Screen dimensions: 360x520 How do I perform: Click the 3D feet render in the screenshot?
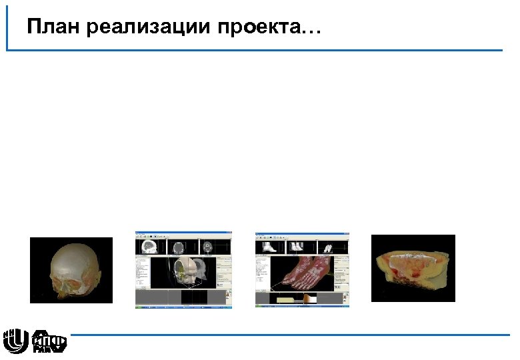pyautogui.click(x=303, y=271)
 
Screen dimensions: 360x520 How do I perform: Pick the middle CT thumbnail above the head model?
pyautogui.click(x=179, y=247)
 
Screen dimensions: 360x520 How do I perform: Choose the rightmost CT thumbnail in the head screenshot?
pyautogui.click(x=209, y=247)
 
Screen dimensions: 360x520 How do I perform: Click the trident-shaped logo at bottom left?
pyautogui.click(x=15, y=340)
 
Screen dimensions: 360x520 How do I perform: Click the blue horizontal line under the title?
pyautogui.click(x=267, y=50)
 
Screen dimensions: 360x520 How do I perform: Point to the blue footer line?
pyautogui.click(x=287, y=335)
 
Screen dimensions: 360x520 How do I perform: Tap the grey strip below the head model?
pyautogui.click(x=180, y=297)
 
